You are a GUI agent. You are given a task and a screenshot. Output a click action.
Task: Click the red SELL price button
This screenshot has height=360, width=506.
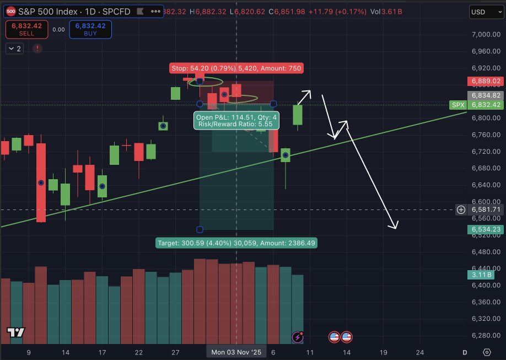[x=26, y=29]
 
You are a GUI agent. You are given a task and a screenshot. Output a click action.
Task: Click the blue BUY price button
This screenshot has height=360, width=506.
[x=90, y=29]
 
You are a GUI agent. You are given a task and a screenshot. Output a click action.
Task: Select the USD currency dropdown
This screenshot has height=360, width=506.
[x=485, y=12]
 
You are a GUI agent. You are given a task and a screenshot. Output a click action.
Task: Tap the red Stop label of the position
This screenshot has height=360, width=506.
[x=236, y=68]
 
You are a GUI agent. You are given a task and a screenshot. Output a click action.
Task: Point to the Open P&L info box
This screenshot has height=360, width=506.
[x=236, y=120]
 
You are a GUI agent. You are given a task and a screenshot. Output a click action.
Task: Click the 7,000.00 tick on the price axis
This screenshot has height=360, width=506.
[x=485, y=35]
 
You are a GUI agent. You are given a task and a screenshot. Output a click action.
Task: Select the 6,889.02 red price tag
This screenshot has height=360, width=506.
[x=485, y=81]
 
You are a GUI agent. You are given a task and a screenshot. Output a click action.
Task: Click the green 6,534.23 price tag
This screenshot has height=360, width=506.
[x=485, y=229]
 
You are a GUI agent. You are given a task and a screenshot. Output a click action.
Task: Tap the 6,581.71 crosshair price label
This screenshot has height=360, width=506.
[x=485, y=209]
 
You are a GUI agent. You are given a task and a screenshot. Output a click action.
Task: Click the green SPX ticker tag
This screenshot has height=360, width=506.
[x=457, y=105]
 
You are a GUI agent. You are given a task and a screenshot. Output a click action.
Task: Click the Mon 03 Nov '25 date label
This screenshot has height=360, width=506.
[x=236, y=352]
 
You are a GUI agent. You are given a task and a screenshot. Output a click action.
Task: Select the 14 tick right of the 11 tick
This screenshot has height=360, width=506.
[x=347, y=352]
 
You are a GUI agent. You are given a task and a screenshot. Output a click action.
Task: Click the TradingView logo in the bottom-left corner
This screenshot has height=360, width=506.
[x=16, y=332]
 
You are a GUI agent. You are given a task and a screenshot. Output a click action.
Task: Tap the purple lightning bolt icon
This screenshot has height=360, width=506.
[x=298, y=337]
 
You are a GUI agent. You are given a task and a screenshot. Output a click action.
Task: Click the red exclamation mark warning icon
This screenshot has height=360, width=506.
[x=37, y=49]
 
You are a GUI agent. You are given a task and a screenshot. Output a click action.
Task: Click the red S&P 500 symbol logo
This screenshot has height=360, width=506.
[x=10, y=10]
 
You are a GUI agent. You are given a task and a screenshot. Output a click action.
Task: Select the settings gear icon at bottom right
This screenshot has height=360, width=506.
[x=487, y=352]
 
